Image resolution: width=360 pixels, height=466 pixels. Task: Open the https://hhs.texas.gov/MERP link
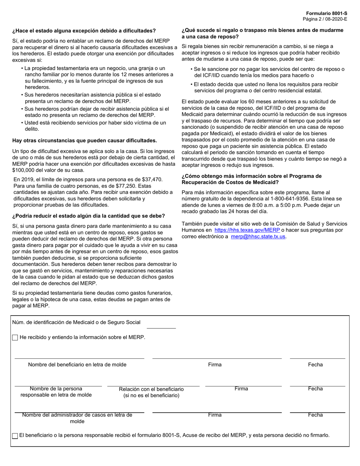point(247,230)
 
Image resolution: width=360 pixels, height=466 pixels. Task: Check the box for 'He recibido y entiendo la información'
point(15,337)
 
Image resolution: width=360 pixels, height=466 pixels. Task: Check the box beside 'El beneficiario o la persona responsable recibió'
point(15,436)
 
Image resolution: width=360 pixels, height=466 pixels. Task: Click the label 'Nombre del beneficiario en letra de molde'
point(77,364)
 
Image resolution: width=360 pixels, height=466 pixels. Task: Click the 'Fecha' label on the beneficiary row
point(315,364)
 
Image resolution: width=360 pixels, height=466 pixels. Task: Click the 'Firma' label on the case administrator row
point(214,415)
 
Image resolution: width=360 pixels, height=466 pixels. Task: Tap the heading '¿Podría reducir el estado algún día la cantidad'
point(89,216)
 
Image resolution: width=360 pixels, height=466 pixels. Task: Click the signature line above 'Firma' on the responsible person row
point(243,386)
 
